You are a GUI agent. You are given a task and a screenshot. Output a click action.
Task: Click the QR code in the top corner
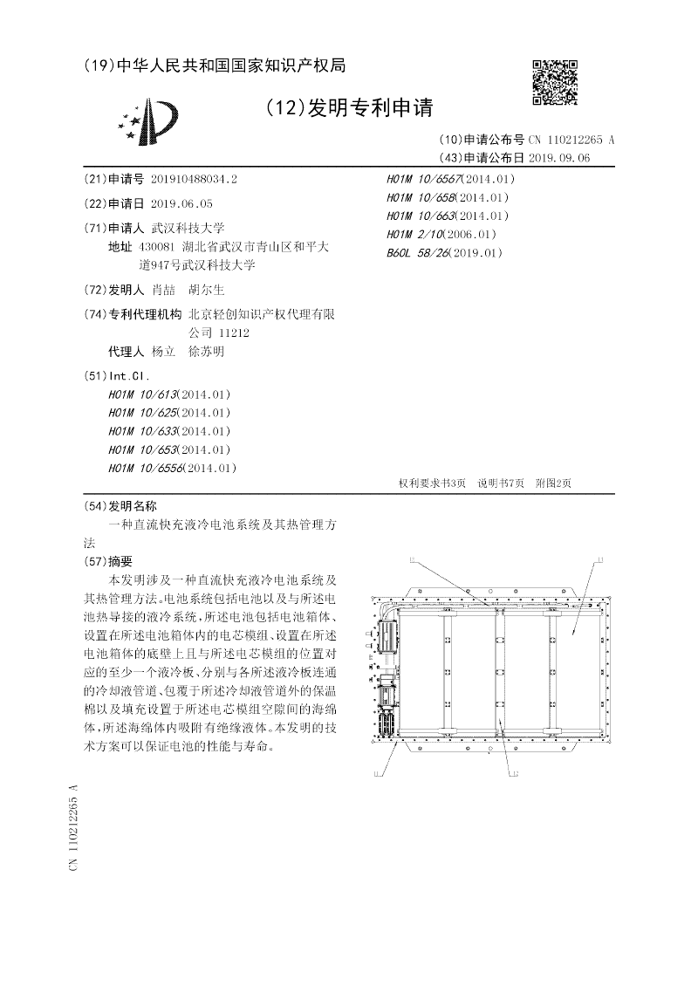[555, 84]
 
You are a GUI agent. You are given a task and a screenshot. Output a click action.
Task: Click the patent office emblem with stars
[149, 122]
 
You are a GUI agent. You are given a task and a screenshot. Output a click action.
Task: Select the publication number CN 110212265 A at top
[571, 140]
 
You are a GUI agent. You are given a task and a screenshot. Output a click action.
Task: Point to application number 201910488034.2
[194, 179]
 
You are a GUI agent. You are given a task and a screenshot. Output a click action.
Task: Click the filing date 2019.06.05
[181, 203]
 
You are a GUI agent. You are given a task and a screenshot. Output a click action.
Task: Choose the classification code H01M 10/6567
[425, 179]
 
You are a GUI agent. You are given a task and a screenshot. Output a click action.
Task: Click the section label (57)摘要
[107, 561]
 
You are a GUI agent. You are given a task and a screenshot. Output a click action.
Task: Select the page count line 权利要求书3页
[432, 483]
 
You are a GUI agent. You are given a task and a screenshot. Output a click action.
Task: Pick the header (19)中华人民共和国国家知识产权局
[215, 65]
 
